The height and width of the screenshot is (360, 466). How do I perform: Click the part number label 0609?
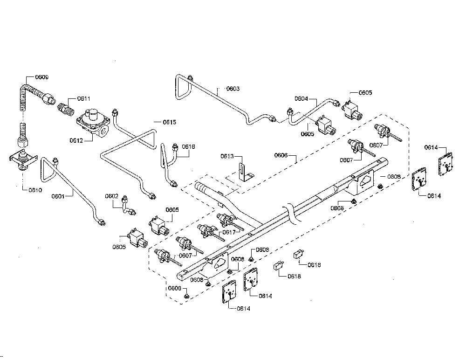click(42, 77)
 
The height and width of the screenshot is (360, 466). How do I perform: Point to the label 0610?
click(35, 190)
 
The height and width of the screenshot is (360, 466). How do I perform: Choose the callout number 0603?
click(233, 89)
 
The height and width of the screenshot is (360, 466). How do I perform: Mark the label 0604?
click(302, 99)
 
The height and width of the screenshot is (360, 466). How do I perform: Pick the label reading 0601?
click(58, 196)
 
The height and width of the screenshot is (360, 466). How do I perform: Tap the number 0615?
click(170, 122)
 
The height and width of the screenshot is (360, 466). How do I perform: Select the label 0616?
click(188, 146)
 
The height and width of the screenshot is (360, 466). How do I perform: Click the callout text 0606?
click(281, 155)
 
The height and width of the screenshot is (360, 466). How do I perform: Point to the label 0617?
click(229, 232)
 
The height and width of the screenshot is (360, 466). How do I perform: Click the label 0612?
click(76, 140)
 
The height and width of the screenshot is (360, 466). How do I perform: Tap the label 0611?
click(84, 98)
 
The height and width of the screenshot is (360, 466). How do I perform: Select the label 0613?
click(227, 156)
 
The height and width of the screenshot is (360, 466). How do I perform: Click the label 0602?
click(112, 196)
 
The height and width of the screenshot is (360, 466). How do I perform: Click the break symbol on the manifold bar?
click(291, 213)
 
